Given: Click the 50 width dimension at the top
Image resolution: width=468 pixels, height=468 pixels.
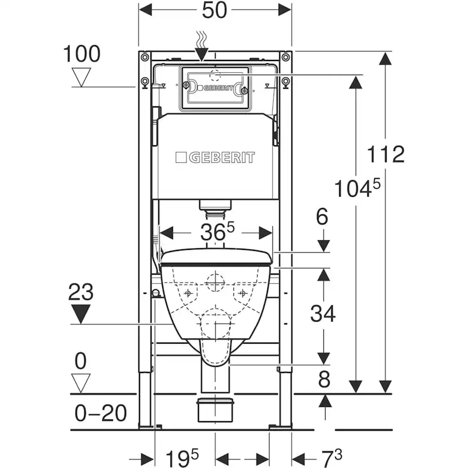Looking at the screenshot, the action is pyautogui.click(x=215, y=10).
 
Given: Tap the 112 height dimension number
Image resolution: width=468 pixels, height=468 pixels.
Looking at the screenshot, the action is pyautogui.click(x=385, y=154).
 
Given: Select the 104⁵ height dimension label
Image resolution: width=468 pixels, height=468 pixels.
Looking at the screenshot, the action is pyautogui.click(x=357, y=188).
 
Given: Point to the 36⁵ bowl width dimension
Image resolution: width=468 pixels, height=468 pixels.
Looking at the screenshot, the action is pyautogui.click(x=217, y=232).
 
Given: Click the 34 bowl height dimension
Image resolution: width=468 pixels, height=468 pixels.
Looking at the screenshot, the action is pyautogui.click(x=323, y=313).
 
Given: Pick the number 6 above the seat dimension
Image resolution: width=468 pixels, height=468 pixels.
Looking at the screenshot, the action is pyautogui.click(x=322, y=216).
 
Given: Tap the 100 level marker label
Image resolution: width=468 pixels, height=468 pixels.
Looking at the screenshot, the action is pyautogui.click(x=82, y=54).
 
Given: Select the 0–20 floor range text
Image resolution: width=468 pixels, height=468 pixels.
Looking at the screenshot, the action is pyautogui.click(x=101, y=413).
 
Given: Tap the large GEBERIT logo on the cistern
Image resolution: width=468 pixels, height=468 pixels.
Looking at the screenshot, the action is pyautogui.click(x=215, y=157).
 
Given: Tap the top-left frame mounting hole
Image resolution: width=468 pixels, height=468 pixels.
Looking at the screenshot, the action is pyautogui.click(x=145, y=57).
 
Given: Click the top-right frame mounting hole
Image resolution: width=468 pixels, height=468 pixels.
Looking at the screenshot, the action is pyautogui.click(x=286, y=57).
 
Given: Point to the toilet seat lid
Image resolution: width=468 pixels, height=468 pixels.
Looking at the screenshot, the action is pyautogui.click(x=216, y=257).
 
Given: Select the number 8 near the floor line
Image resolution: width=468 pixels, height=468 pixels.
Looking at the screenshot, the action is pyautogui.click(x=324, y=379).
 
